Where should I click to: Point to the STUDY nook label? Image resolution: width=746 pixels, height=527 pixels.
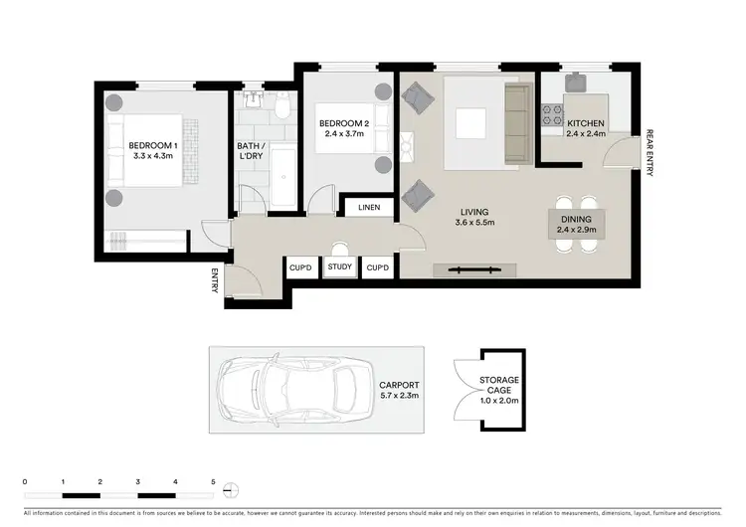coord(339,266)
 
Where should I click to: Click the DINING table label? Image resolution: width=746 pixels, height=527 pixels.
coord(578,220)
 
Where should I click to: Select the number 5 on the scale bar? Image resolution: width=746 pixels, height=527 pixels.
coord(213,481)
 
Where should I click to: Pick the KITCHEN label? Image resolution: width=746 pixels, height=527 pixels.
coord(586,124)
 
